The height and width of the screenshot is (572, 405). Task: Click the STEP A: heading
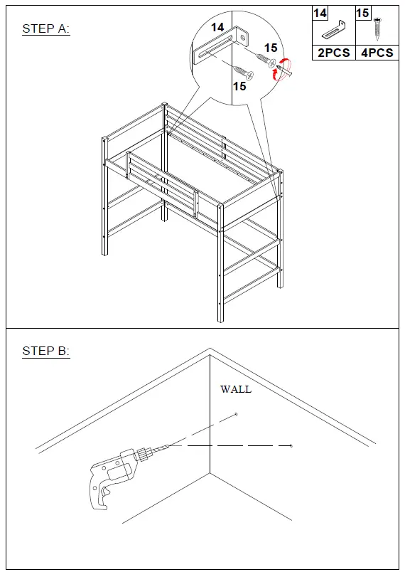45,29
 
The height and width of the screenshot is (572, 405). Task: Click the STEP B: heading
45,351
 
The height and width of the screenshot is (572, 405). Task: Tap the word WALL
236,389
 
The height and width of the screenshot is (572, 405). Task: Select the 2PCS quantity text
333,53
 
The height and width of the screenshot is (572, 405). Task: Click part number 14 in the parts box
320,14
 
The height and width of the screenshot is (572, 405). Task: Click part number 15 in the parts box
362,14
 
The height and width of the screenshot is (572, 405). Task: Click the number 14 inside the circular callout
217,27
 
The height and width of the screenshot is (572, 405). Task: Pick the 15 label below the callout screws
239,86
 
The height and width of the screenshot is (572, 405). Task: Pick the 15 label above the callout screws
270,48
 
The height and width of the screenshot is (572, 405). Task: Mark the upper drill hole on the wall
236,414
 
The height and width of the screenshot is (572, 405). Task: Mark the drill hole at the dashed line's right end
291,445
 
